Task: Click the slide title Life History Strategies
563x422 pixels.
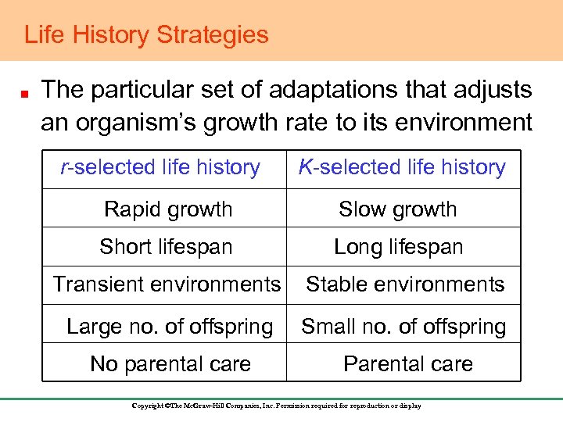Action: coord(146,35)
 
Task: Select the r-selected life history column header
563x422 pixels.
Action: coord(161,167)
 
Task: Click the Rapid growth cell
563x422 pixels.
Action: coord(168,209)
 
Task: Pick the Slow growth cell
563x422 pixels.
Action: coord(397,209)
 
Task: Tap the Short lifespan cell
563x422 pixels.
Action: coord(166,247)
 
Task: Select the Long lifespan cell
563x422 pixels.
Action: coord(398,247)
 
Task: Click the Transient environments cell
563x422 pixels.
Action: coord(166,284)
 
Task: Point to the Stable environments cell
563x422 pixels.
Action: coord(405,284)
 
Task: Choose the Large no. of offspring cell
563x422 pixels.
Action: coord(170,326)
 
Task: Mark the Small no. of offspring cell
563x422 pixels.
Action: coord(403,326)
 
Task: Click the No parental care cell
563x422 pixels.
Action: coord(170,363)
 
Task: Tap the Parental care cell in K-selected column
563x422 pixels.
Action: coord(408,363)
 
